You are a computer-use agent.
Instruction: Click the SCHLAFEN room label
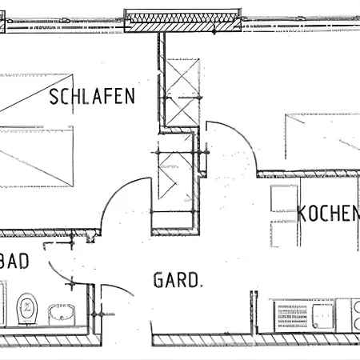click(x=92, y=96)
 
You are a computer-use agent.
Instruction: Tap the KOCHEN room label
click(x=329, y=214)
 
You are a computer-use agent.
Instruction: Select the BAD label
click(x=14, y=261)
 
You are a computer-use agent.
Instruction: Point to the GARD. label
click(x=178, y=280)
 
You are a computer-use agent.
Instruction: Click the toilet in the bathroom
click(x=27, y=310)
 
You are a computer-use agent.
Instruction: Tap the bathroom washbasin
click(x=61, y=314)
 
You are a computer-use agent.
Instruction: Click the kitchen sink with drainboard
click(x=305, y=316)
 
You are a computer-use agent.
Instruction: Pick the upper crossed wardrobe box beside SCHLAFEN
click(x=182, y=92)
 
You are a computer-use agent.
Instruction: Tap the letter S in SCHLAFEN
click(x=54, y=96)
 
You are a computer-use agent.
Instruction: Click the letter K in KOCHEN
click(x=302, y=214)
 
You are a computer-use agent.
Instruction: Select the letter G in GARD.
click(x=158, y=280)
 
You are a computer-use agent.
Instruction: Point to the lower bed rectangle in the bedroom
click(x=37, y=157)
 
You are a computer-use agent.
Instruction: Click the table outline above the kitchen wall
click(x=322, y=137)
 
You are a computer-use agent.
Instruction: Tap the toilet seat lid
click(x=27, y=306)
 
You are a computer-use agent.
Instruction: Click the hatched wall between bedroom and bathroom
click(x=50, y=233)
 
